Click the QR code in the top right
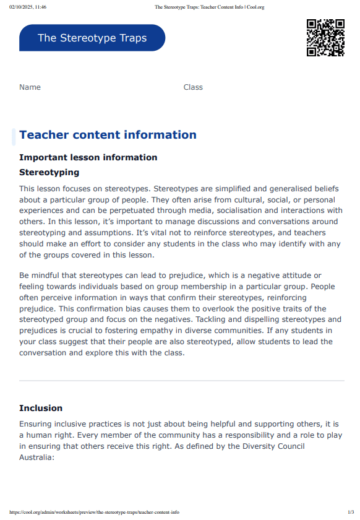coord(325,38)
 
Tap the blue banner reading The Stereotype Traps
coord(92,38)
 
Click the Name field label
coord(30,87)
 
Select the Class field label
coord(193,87)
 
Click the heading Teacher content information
coord(108,135)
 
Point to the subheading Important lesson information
coord(88,157)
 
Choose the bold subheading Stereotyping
coord(49,172)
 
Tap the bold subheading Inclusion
coord(41,408)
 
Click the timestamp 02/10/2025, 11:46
coord(28,7)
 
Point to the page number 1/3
coord(351,512)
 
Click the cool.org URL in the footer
coord(94,512)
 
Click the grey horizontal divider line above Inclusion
coord(181,380)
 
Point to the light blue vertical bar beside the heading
coord(14,136)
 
